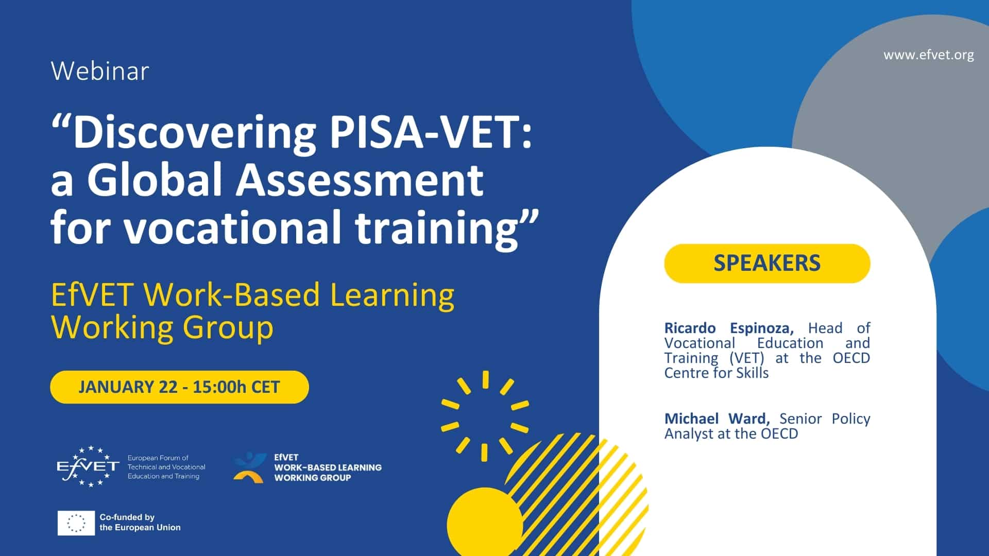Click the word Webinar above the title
[x=100, y=71]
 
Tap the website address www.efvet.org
[x=929, y=55]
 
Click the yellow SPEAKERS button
[x=767, y=263]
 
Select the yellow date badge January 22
[x=179, y=387]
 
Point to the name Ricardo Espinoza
[x=729, y=328]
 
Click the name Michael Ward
[x=717, y=419]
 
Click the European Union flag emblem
[x=76, y=523]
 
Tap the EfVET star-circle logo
[x=88, y=466]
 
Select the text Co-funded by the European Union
[x=140, y=522]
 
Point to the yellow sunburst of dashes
[x=485, y=416]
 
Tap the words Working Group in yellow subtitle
[x=162, y=327]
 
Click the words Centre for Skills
[x=717, y=373]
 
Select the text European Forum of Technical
[x=166, y=462]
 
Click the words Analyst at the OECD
[x=731, y=433]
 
